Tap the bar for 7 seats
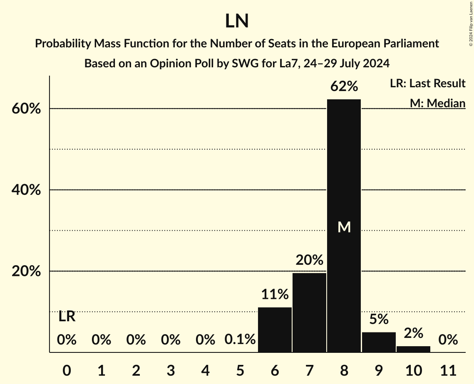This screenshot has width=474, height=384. click(309, 313)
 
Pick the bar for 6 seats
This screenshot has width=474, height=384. click(275, 330)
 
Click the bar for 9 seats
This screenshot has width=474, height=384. click(379, 342)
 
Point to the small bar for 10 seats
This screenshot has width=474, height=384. click(413, 349)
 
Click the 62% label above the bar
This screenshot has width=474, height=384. click(344, 87)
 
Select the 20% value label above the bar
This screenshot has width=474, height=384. click(309, 261)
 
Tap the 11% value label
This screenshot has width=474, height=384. click(275, 295)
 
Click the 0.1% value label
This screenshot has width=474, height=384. click(240, 340)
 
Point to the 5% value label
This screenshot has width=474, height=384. click(379, 319)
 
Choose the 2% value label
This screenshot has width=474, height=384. click(413, 333)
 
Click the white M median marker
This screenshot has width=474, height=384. click(344, 227)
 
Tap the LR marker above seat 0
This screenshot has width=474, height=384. click(67, 317)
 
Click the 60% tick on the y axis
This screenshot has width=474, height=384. click(26, 109)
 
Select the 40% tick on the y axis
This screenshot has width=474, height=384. click(26, 190)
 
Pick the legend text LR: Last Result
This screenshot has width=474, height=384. click(427, 84)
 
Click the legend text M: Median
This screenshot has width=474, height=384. click(437, 103)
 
